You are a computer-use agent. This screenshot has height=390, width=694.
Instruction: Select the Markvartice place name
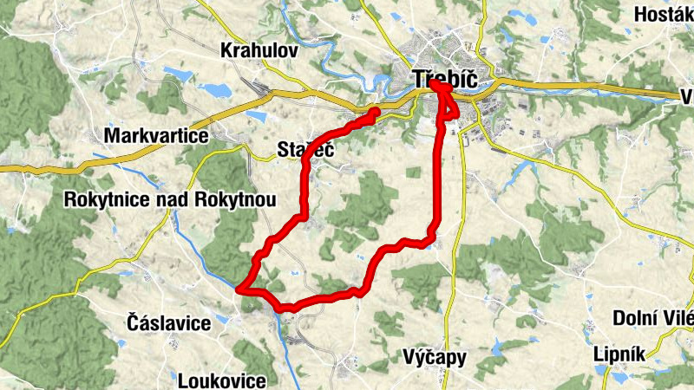[x=156, y=136]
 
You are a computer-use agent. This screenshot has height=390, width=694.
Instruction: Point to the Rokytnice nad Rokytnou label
[x=170, y=200]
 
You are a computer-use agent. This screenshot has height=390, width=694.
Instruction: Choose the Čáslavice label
[x=168, y=323]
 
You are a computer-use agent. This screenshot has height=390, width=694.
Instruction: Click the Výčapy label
[x=435, y=356]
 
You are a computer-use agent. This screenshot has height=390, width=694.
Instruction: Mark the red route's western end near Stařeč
[x=375, y=112]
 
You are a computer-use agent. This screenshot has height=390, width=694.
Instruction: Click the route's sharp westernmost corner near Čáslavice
[x=241, y=289]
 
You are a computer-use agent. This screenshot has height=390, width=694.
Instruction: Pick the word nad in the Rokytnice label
[x=174, y=200]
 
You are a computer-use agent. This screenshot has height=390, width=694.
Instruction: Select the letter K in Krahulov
[x=226, y=49]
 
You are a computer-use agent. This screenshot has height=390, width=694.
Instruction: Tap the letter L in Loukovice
[x=182, y=380]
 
